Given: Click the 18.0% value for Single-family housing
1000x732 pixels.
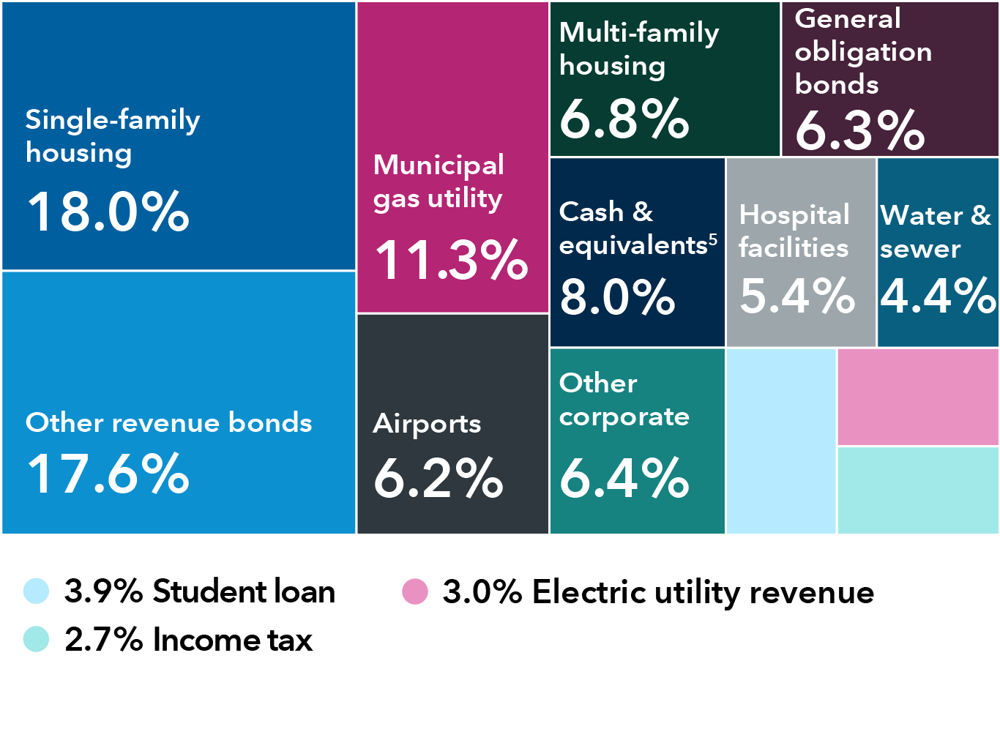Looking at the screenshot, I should (108, 212).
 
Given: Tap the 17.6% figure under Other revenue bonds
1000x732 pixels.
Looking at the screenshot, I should (108, 474).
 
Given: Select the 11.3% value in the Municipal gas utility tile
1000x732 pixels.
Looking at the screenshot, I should (451, 260).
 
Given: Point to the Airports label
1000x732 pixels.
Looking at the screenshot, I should (427, 424).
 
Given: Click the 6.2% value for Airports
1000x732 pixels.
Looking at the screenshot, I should (438, 479).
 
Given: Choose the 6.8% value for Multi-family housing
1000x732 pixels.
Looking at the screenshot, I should (624, 119).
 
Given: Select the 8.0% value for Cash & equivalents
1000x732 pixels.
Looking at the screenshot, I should (617, 297).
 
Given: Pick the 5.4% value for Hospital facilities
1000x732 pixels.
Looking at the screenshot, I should (797, 296).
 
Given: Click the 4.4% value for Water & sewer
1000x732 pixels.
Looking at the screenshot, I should (938, 296).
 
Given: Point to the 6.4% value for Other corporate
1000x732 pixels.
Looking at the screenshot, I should (624, 479).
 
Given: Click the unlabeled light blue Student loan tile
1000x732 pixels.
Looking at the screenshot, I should (781, 441).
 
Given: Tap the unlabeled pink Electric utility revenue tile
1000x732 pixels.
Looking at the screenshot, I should (918, 397).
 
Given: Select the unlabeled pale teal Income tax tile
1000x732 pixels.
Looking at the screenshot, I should (918, 490).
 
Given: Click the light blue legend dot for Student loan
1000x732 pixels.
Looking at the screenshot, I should (36, 591).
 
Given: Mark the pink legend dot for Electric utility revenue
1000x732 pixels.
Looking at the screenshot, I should (415, 591).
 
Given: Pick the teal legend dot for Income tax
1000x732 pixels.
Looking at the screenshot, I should (36, 639).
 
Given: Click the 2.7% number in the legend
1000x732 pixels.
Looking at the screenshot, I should (103, 640).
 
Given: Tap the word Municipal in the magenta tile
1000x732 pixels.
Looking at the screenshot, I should (439, 165).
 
